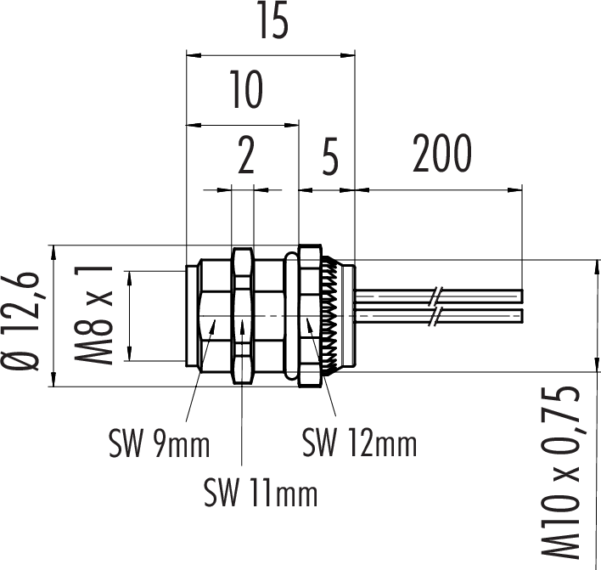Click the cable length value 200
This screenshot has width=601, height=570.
tap(441, 154)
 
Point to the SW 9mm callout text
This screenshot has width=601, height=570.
tap(159, 443)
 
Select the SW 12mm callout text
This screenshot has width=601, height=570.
tap(359, 443)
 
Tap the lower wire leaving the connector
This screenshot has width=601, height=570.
tap(399, 316)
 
